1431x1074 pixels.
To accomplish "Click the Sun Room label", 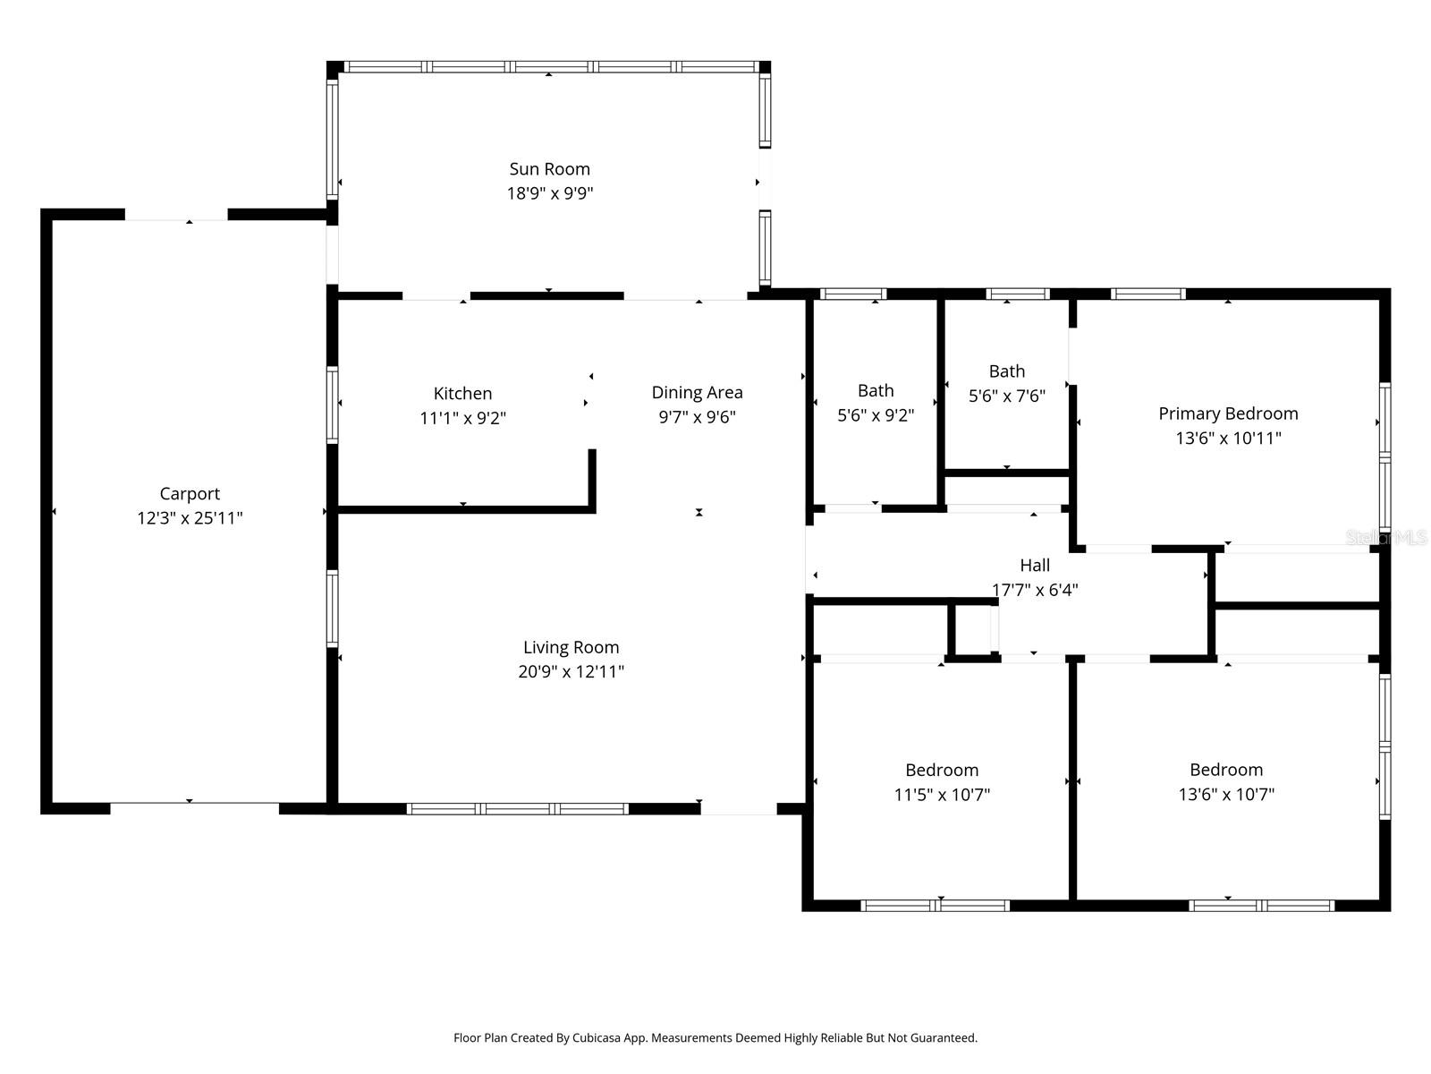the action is [x=549, y=169].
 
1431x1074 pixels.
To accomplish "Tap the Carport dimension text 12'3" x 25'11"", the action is [x=190, y=518].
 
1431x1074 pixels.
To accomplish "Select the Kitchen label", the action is [x=462, y=393].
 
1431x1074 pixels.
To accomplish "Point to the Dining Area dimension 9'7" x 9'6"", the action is [x=697, y=417].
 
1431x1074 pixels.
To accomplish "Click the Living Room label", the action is [x=572, y=647].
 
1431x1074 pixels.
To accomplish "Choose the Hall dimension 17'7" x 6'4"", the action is [x=1035, y=590].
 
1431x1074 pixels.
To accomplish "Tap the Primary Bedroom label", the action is [x=1228, y=413].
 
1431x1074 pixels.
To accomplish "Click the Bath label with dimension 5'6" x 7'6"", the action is [x=1006, y=371].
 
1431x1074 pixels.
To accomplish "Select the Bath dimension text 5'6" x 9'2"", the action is [x=876, y=415].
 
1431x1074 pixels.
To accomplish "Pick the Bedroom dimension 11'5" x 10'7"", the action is [x=942, y=794].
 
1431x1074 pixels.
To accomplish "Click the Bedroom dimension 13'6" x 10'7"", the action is [x=1225, y=794].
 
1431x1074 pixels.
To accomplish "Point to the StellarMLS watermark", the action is [x=1385, y=537].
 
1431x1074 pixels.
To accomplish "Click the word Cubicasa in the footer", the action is [x=596, y=1038].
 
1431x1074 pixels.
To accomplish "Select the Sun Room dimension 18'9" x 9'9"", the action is [x=549, y=193].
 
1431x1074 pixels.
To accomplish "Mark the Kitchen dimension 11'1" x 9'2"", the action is [x=462, y=417].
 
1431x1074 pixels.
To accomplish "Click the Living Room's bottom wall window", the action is [x=518, y=808].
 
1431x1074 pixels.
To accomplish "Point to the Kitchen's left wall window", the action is [x=332, y=405].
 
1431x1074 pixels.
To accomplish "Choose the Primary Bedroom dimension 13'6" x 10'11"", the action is [x=1228, y=438].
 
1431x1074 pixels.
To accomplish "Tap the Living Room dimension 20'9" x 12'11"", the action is [x=572, y=671].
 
